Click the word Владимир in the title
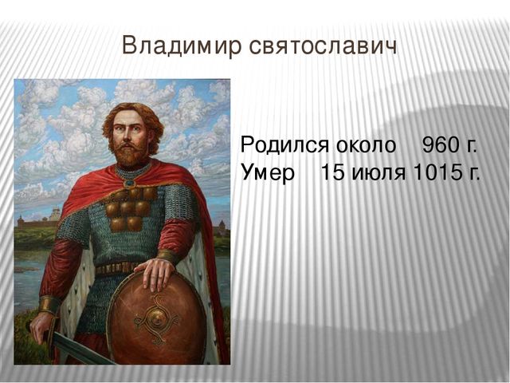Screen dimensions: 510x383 coord(182,45)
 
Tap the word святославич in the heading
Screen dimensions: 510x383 coord(324,46)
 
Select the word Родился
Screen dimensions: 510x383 coord(284,144)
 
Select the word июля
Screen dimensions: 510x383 coord(379,172)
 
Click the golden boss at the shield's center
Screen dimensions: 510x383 coord(156,318)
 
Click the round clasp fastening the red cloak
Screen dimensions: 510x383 coord(129,183)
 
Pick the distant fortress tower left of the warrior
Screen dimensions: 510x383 coord(55,214)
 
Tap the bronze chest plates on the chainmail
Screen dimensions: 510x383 coord(130,209)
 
